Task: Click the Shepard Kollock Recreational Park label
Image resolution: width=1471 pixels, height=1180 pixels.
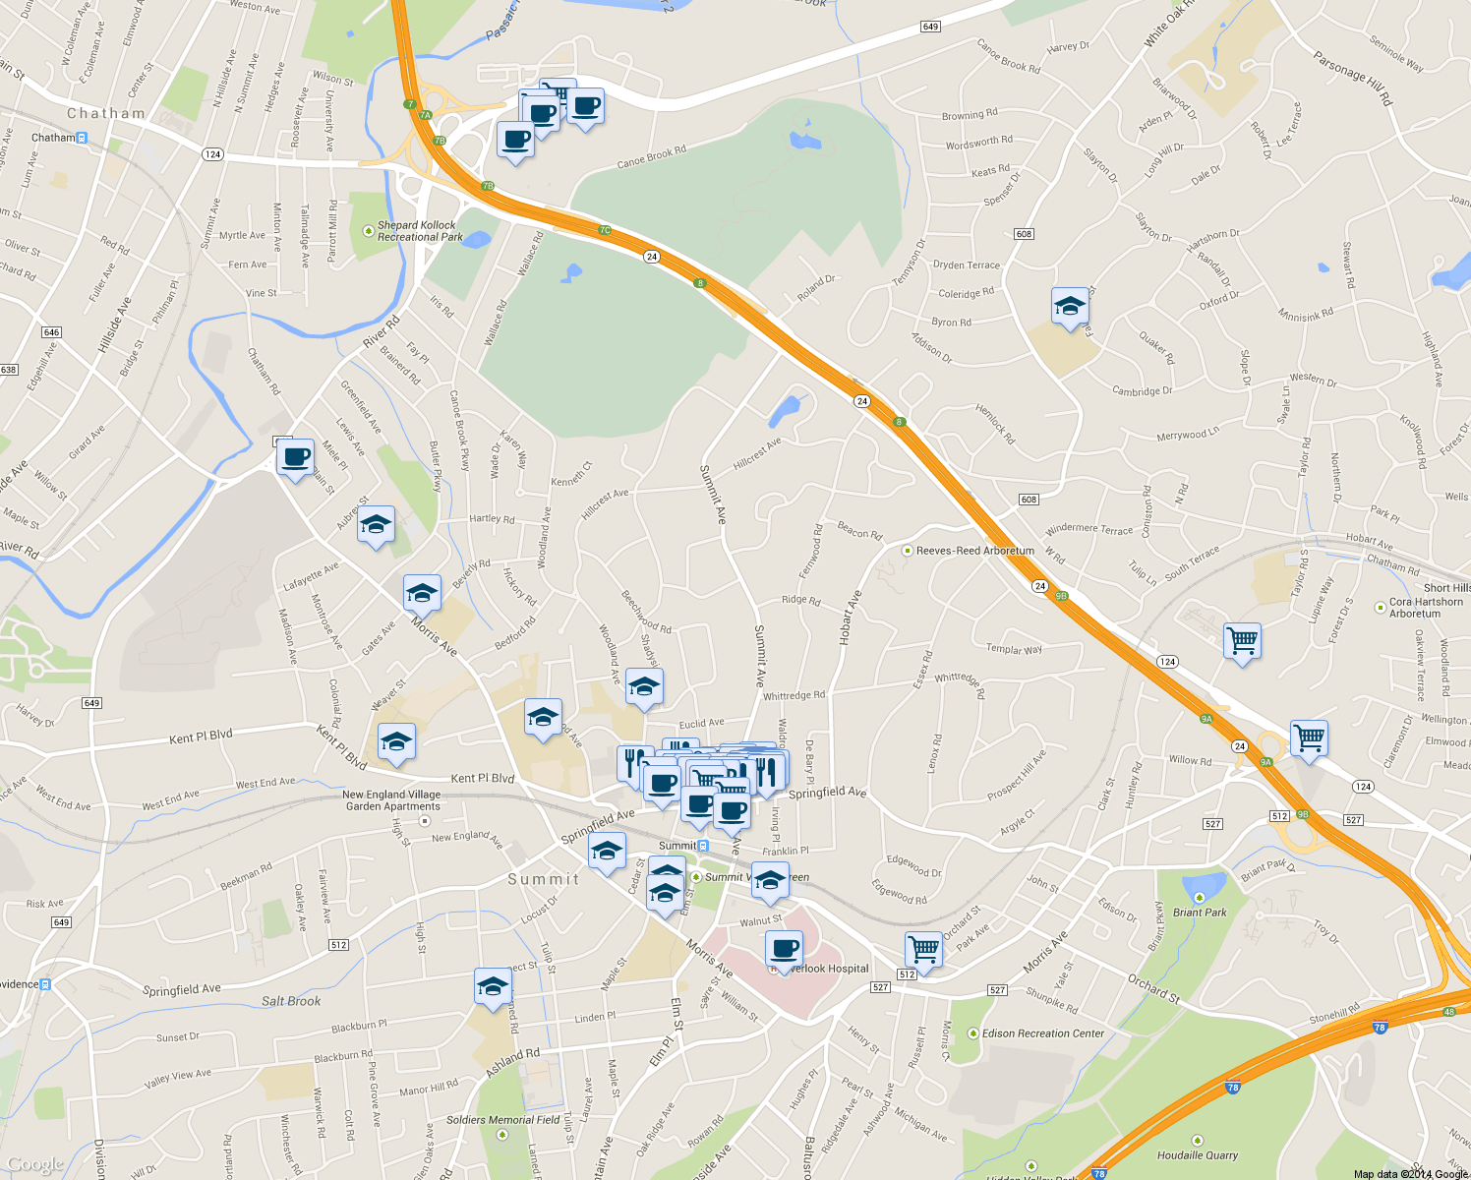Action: [419, 231]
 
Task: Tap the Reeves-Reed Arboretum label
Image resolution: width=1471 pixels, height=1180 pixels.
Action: [974, 551]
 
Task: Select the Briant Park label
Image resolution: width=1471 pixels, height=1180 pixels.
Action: [1200, 912]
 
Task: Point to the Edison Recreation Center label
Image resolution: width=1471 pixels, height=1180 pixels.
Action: [1043, 1033]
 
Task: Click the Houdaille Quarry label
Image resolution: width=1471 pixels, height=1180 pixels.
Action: [1197, 1155]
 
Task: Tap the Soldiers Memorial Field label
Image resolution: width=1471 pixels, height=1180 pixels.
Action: [502, 1120]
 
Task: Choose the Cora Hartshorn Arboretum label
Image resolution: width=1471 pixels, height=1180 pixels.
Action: [1426, 608]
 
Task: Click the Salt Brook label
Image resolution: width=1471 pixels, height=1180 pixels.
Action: [291, 1001]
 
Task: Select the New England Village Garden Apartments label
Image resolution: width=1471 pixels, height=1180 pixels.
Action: [392, 800]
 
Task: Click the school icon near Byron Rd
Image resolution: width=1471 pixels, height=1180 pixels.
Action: [1070, 307]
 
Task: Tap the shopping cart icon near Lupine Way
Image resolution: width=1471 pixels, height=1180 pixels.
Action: [1242, 640]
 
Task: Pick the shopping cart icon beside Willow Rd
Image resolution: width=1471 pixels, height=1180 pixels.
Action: [1309, 737]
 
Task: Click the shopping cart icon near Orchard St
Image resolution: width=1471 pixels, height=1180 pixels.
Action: [924, 949]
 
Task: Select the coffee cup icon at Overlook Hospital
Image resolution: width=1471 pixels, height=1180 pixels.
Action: [784, 949]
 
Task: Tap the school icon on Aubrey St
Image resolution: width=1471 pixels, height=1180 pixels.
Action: [375, 526]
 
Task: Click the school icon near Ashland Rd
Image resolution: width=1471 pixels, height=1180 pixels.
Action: [492, 986]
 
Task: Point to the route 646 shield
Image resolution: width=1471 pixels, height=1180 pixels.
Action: [51, 332]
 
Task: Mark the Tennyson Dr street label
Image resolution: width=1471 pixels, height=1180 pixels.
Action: [908, 263]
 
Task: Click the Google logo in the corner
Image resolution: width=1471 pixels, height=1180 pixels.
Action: [35, 1165]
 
